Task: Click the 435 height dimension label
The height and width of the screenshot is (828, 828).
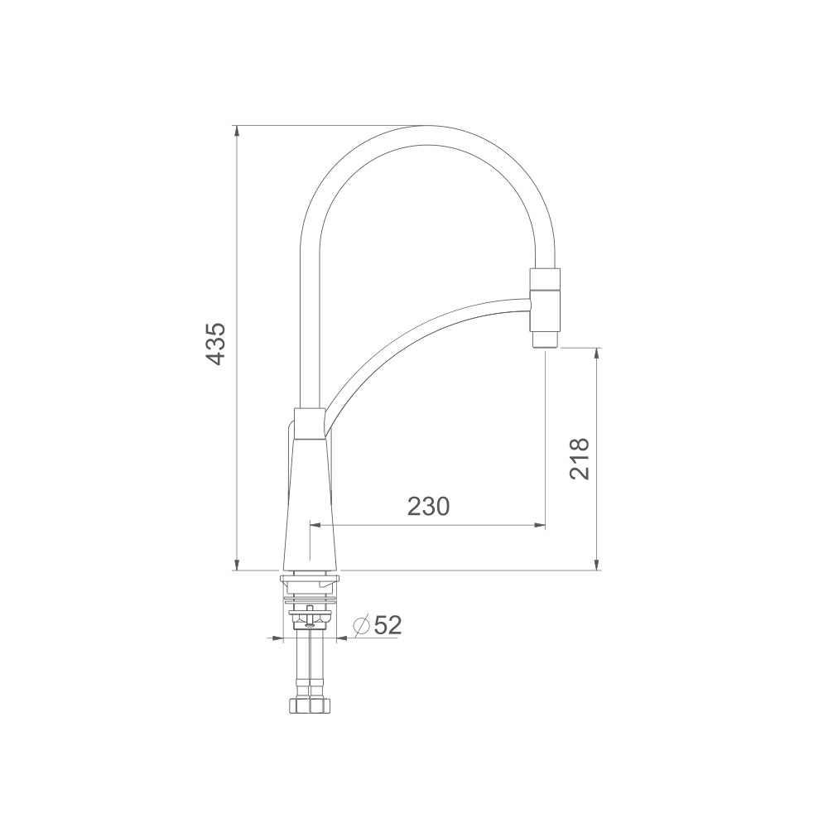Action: pos(216,344)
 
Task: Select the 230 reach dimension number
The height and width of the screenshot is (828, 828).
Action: pos(428,507)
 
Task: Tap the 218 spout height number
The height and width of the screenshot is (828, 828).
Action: pos(580,459)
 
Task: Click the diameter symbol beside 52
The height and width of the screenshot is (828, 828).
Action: pos(362,626)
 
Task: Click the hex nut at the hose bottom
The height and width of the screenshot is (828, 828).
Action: pos(310,705)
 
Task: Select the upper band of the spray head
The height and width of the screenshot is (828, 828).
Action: pos(545,279)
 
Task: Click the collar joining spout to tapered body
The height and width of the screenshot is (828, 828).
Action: pos(308,423)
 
